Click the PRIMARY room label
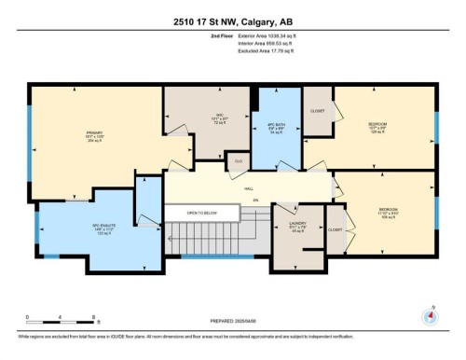(96, 133)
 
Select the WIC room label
(210, 118)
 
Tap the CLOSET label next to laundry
(336, 229)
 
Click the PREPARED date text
(233, 320)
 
